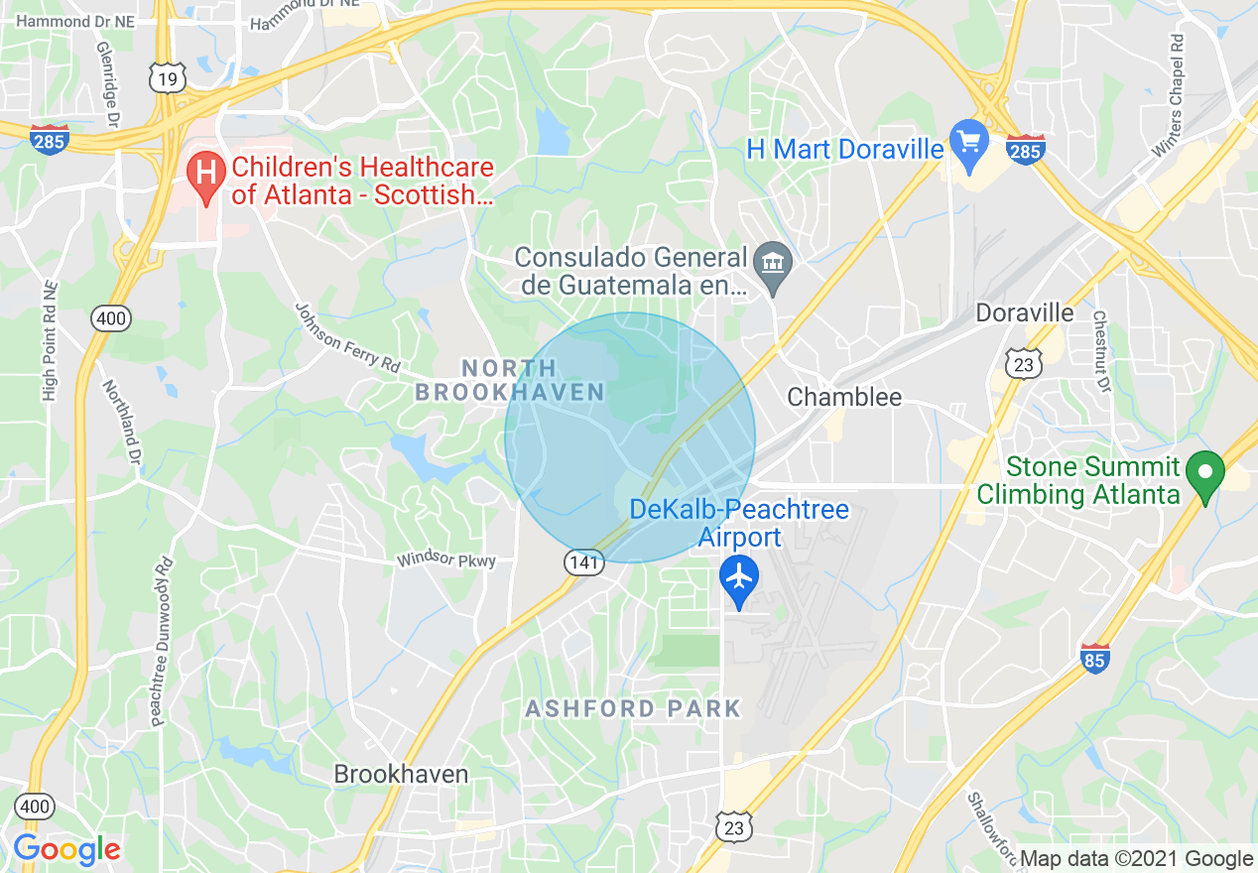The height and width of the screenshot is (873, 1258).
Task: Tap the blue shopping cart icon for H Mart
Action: [x=968, y=142]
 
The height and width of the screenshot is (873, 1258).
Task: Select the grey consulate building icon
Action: [x=773, y=264]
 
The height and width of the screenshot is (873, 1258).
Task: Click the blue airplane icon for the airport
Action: [x=739, y=576]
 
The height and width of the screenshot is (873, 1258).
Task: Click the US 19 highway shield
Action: [x=168, y=78]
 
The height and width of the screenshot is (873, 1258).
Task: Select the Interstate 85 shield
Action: [x=1094, y=657]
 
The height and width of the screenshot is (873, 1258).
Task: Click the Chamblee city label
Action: [x=844, y=398]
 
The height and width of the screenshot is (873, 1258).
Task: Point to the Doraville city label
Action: [x=1025, y=312]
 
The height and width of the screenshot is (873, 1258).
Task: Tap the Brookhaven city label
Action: [x=401, y=774]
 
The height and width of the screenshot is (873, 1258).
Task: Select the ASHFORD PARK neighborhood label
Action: [x=633, y=708]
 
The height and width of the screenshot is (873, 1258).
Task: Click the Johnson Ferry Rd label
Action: [x=347, y=337]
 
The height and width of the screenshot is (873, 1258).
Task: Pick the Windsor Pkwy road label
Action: [x=446, y=560]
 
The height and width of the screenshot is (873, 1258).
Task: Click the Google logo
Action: [x=66, y=849]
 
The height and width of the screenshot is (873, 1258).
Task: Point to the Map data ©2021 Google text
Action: [x=1137, y=859]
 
